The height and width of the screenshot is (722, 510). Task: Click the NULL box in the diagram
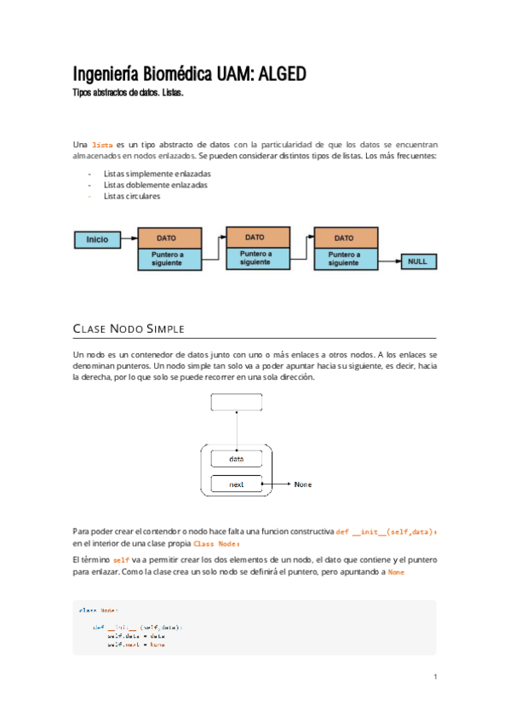coord(417,262)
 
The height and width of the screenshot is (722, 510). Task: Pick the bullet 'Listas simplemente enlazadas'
coord(156,174)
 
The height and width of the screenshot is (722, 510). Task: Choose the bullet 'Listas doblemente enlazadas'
coord(155,185)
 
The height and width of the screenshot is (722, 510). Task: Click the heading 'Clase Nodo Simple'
coord(129,329)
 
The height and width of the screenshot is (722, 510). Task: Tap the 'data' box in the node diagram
coord(237,459)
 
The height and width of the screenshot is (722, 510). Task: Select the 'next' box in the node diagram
coord(237,484)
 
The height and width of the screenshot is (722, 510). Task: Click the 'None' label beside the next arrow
coord(303,484)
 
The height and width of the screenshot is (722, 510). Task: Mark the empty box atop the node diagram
coord(237,402)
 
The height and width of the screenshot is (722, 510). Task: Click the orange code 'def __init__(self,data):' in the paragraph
coord(387,531)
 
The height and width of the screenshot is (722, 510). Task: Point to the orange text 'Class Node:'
coord(217,543)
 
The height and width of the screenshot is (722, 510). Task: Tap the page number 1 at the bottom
coord(434,677)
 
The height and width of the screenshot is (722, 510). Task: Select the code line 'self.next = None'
coord(135,645)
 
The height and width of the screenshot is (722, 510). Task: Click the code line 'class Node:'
coord(98,610)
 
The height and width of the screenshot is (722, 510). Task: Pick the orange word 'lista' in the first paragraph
coord(102,146)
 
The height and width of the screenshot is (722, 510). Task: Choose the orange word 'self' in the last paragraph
coord(121,560)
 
